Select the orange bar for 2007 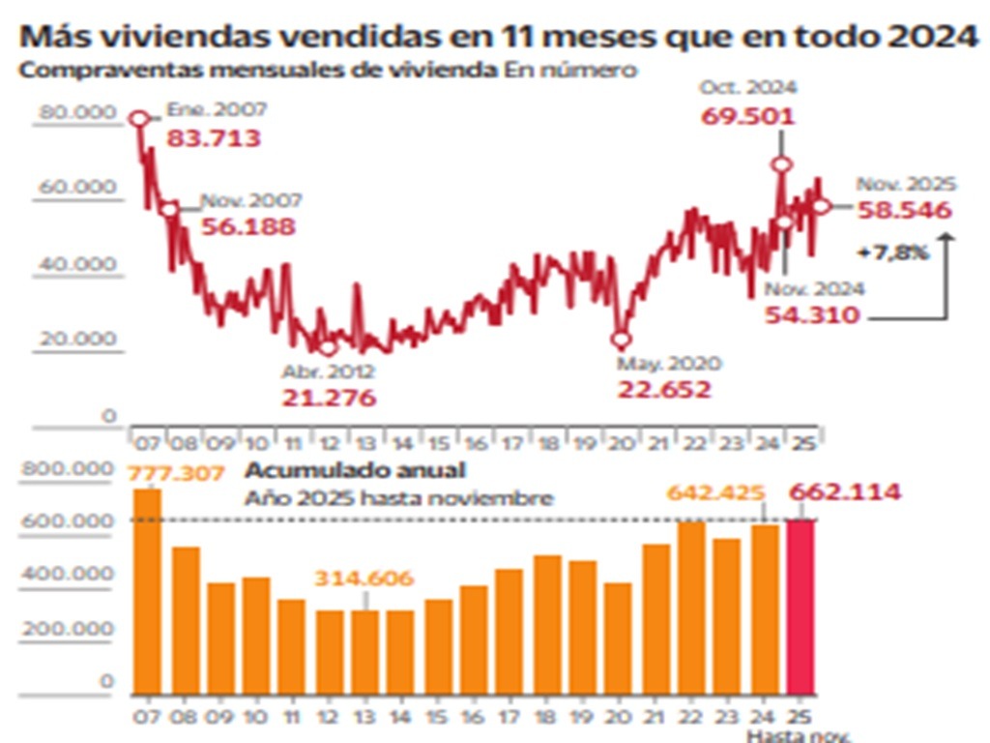[x=147, y=590]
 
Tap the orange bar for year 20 [x=618, y=638]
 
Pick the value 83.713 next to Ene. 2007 [x=214, y=138]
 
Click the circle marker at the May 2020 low [x=621, y=340]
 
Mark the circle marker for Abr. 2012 [x=328, y=348]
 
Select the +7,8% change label [x=892, y=253]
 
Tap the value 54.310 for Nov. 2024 [x=812, y=314]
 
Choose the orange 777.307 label [x=176, y=474]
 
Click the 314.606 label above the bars [x=364, y=579]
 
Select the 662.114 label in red [x=846, y=492]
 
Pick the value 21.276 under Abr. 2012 [x=329, y=398]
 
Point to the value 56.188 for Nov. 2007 [x=247, y=227]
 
